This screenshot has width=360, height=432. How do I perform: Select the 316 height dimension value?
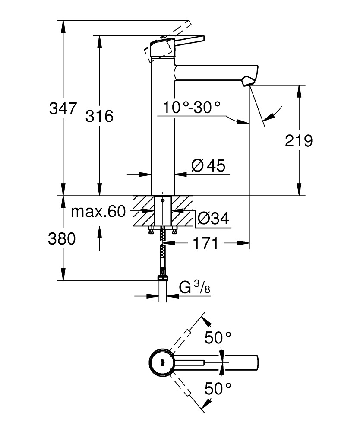pos(99,116)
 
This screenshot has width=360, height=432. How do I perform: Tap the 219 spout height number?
pos(298,140)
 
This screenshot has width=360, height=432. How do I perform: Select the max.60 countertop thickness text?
pos(98,212)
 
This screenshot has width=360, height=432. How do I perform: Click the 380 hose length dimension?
pos(62,238)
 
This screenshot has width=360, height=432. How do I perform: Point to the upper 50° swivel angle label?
pos(218,337)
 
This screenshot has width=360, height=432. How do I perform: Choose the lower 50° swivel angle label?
pos(218,389)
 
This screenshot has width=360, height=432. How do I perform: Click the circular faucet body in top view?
pos(162,362)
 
